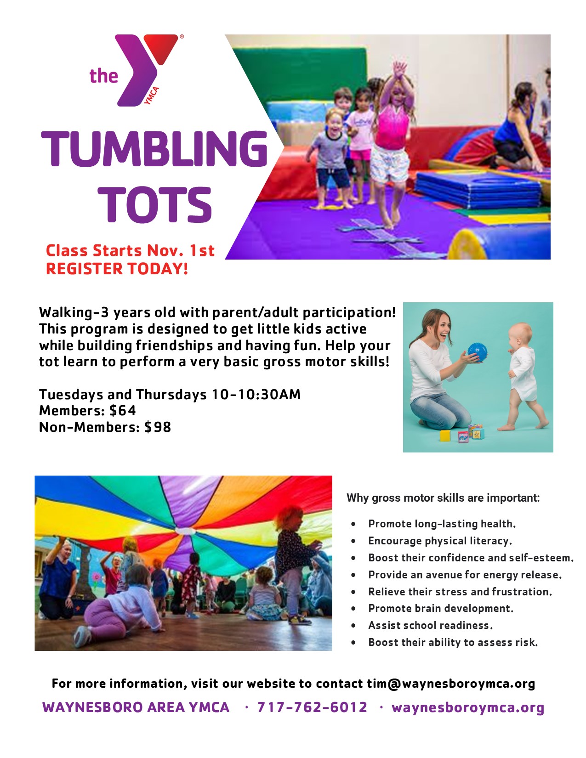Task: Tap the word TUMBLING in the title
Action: pyautogui.click(x=154, y=148)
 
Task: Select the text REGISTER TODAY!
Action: pyautogui.click(x=117, y=269)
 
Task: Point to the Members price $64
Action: pyautogui.click(x=123, y=411)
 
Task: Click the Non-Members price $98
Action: pyautogui.click(x=158, y=427)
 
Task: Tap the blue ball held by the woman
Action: pyautogui.click(x=477, y=352)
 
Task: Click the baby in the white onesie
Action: pyautogui.click(x=522, y=376)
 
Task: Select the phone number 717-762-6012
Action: pyautogui.click(x=313, y=707)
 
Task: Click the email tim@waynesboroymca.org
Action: pyautogui.click(x=451, y=684)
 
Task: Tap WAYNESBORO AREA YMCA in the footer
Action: pyautogui.click(x=136, y=707)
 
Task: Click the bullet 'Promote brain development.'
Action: pyautogui.click(x=441, y=608)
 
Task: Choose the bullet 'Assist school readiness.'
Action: pyautogui.click(x=430, y=625)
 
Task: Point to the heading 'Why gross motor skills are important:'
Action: pyautogui.click(x=443, y=498)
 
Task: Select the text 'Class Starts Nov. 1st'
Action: pyautogui.click(x=130, y=250)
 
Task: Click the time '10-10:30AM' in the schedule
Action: pyautogui.click(x=256, y=395)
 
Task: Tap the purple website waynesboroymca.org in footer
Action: pyautogui.click(x=468, y=708)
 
